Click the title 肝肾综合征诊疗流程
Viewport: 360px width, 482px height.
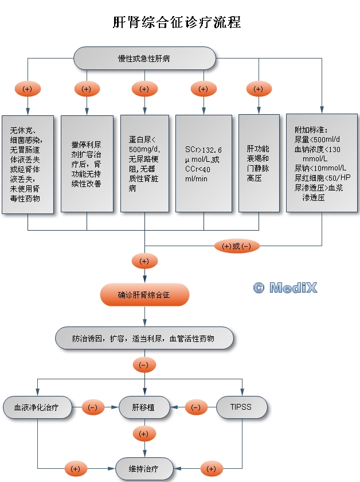pos(177,22)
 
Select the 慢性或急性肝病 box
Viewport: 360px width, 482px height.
pos(144,59)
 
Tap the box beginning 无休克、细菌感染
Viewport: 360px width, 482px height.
pos(28,164)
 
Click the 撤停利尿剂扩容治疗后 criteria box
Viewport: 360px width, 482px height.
pos(86,164)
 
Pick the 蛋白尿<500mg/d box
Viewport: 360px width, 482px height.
pos(144,164)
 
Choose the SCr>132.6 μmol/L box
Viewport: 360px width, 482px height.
pos(203,164)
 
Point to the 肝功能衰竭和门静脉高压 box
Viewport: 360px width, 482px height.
pos(258,164)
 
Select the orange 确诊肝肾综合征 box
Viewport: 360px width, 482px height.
pos(144,295)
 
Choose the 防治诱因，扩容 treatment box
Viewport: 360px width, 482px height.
pos(144,339)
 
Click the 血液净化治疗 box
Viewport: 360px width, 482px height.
pos(38,407)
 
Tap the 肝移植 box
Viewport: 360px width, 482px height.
pos(144,407)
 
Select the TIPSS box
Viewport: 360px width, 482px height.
pos(242,407)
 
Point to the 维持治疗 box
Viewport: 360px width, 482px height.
pos(144,469)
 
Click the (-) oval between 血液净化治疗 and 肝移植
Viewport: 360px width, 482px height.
pos(93,407)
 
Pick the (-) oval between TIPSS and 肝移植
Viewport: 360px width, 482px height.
pos(195,407)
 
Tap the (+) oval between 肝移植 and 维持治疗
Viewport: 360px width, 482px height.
pos(144,433)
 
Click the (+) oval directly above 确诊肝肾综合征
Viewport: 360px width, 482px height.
pos(144,261)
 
